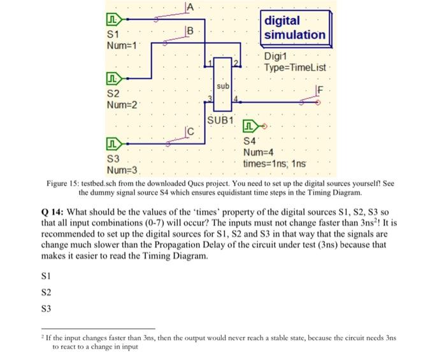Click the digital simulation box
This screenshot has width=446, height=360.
[x=294, y=28]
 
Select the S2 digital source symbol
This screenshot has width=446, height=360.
[x=115, y=80]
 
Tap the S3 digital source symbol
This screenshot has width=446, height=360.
[x=115, y=143]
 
